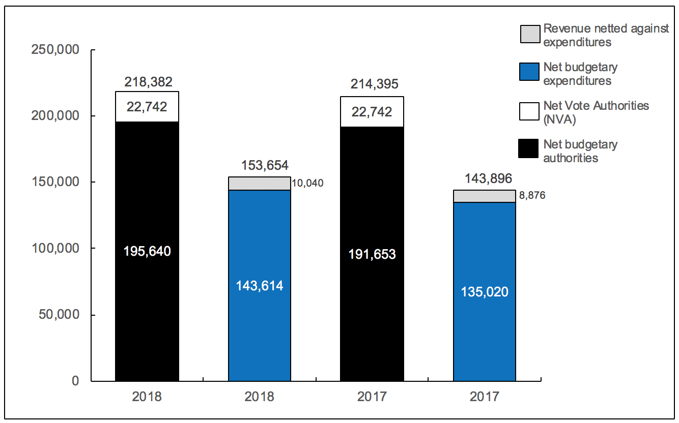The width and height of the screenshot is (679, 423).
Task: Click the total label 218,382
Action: tap(148, 82)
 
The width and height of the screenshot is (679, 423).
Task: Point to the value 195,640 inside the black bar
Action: tap(147, 251)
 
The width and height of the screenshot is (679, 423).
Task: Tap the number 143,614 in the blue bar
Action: tap(260, 286)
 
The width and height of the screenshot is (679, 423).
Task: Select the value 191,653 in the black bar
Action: tap(372, 254)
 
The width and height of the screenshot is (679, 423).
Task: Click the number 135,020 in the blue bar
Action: tap(485, 292)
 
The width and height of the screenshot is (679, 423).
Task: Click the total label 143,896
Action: tap(485, 178)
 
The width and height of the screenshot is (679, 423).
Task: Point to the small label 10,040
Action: tap(307, 184)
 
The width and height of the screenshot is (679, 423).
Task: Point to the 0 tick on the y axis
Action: tap(75, 381)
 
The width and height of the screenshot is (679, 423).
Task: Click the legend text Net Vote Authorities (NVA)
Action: tap(596, 112)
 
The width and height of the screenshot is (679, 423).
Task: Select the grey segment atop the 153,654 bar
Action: tap(260, 184)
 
